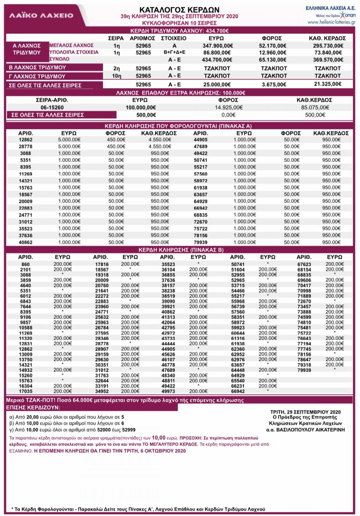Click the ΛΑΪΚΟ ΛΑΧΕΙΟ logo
tap(41, 15)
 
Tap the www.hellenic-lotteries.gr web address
tap(331, 22)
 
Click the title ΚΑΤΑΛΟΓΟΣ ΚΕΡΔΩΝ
tap(179, 10)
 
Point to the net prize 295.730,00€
tap(328, 46)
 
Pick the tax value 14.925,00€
tap(228, 108)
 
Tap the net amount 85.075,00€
tap(315, 108)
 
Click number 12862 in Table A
tap(25, 139)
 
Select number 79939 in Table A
tap(201, 242)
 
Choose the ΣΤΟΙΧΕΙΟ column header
tap(174, 38)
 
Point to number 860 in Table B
tap(25, 264)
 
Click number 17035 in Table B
tap(25, 391)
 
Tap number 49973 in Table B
tap(168, 391)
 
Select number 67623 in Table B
tap(304, 264)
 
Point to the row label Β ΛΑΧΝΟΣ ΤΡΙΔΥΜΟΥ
tap(37, 67)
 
